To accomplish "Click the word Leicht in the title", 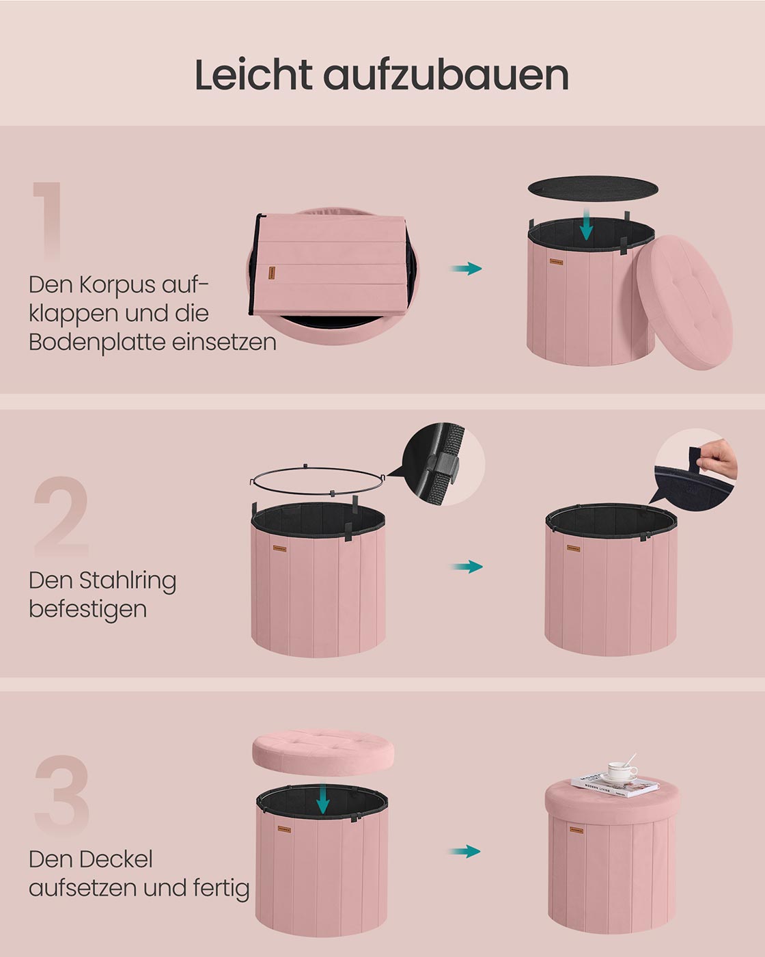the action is (253, 75).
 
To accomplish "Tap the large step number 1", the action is (48, 221).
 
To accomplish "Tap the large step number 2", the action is (61, 516).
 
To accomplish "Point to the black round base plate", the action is (593, 188).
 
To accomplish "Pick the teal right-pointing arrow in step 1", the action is (467, 269).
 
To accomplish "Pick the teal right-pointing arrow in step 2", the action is (467, 567).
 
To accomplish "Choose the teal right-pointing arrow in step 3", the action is (465, 852).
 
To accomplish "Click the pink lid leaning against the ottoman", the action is (684, 302).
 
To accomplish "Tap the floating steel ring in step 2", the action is (318, 481).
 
